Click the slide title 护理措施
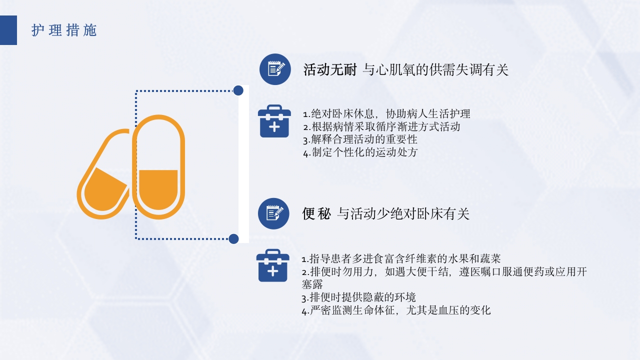click(x=64, y=30)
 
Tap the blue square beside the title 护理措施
click(x=8, y=30)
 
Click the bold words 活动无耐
click(x=330, y=70)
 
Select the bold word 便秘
click(x=316, y=214)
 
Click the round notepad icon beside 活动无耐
click(x=275, y=69)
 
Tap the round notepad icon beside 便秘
click(x=273, y=213)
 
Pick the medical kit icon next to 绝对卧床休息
click(x=274, y=121)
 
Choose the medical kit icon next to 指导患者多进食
click(x=272, y=265)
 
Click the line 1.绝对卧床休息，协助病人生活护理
click(x=386, y=114)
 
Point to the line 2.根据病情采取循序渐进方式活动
click(x=381, y=127)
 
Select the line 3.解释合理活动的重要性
click(x=360, y=139)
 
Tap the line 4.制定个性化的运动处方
click(x=360, y=152)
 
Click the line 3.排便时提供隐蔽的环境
click(x=358, y=297)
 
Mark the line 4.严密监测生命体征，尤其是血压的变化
click(x=396, y=310)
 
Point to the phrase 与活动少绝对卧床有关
click(x=403, y=214)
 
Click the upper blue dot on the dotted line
click(x=238, y=90)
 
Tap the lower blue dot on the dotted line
click(x=233, y=238)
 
